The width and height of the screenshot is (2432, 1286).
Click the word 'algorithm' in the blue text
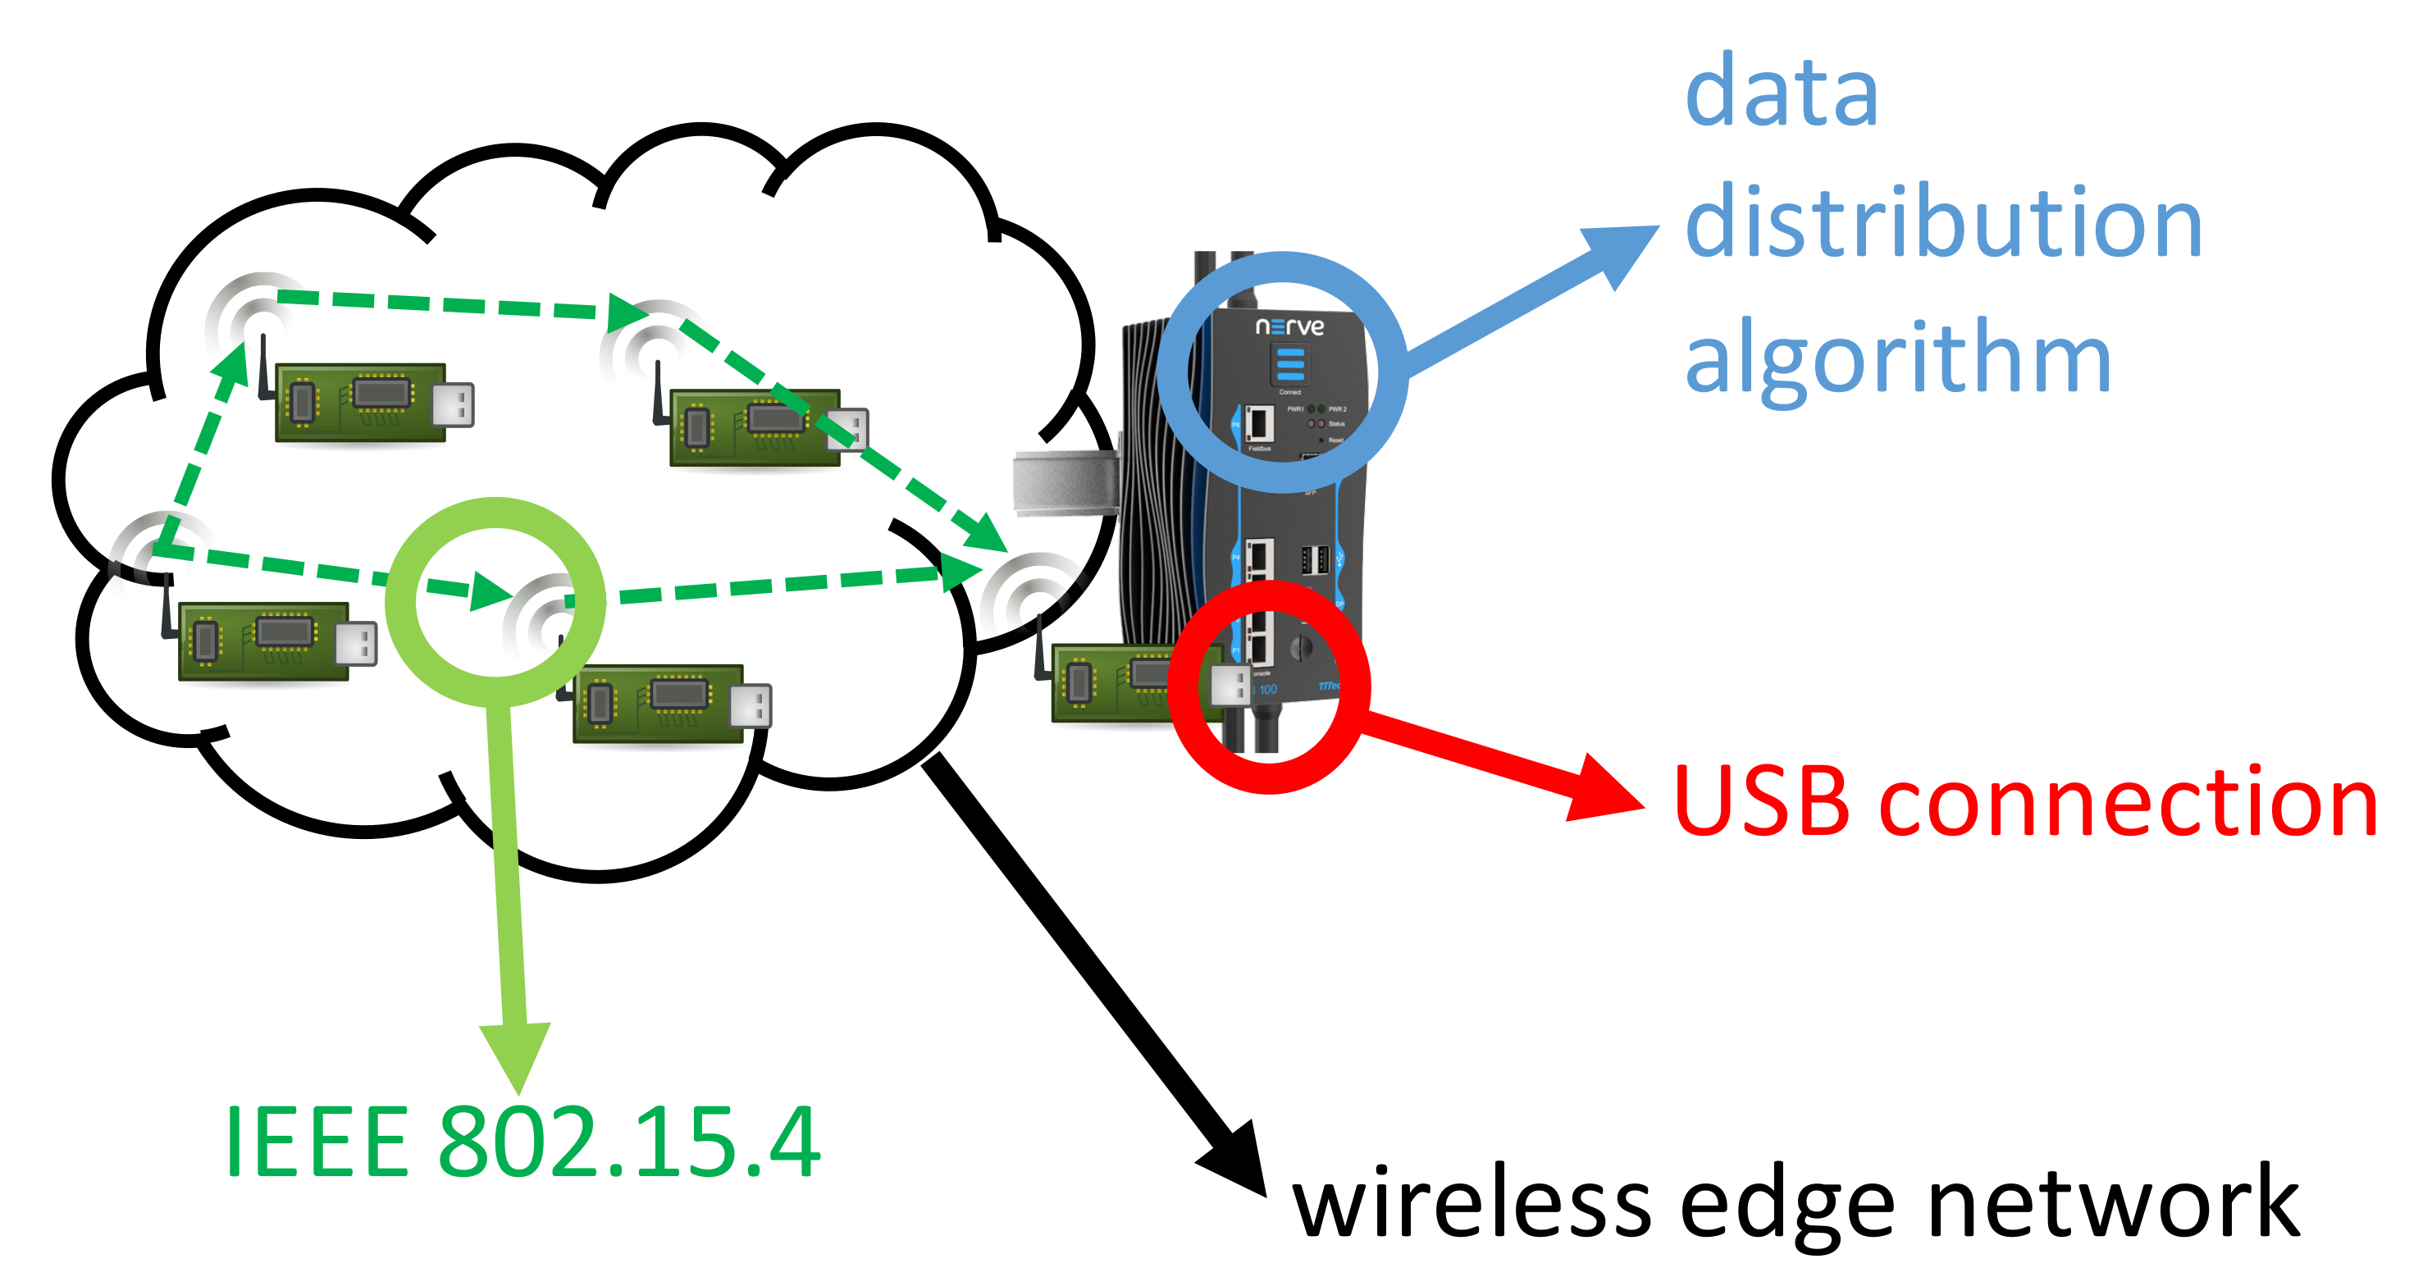coord(1898,358)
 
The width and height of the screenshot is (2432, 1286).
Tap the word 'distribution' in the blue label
coord(1943,223)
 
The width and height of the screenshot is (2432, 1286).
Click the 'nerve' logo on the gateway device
coord(1289,326)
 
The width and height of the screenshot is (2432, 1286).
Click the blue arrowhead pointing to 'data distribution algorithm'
coord(1622,251)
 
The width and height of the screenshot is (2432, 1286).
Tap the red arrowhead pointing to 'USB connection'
coord(1605,789)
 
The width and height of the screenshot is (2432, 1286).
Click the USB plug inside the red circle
coord(1230,685)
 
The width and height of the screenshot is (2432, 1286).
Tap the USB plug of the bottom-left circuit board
coord(357,644)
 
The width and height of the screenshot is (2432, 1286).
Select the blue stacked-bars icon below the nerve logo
coord(1289,364)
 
